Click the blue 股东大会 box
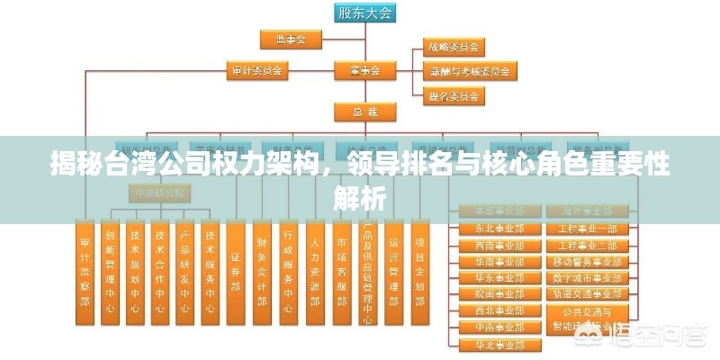point(365,13)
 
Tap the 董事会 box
point(365,68)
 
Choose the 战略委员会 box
point(452,46)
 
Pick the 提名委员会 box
point(452,94)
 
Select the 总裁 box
point(365,111)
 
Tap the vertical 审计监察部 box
point(84,271)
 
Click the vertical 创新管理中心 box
point(109,271)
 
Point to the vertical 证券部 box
point(236,271)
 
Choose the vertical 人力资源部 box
point(315,271)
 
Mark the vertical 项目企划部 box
point(419,271)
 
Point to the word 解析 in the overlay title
point(360,197)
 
